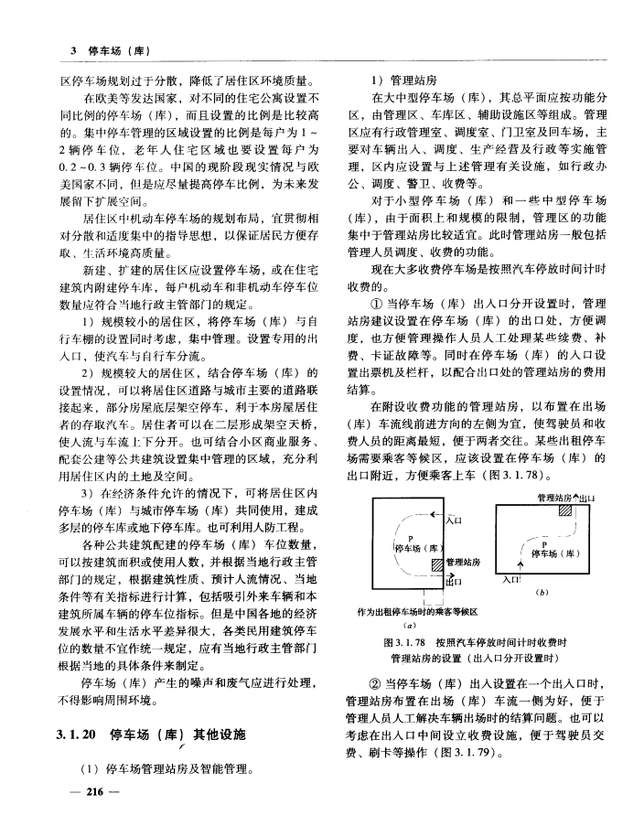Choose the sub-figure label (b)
(x=545, y=593)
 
